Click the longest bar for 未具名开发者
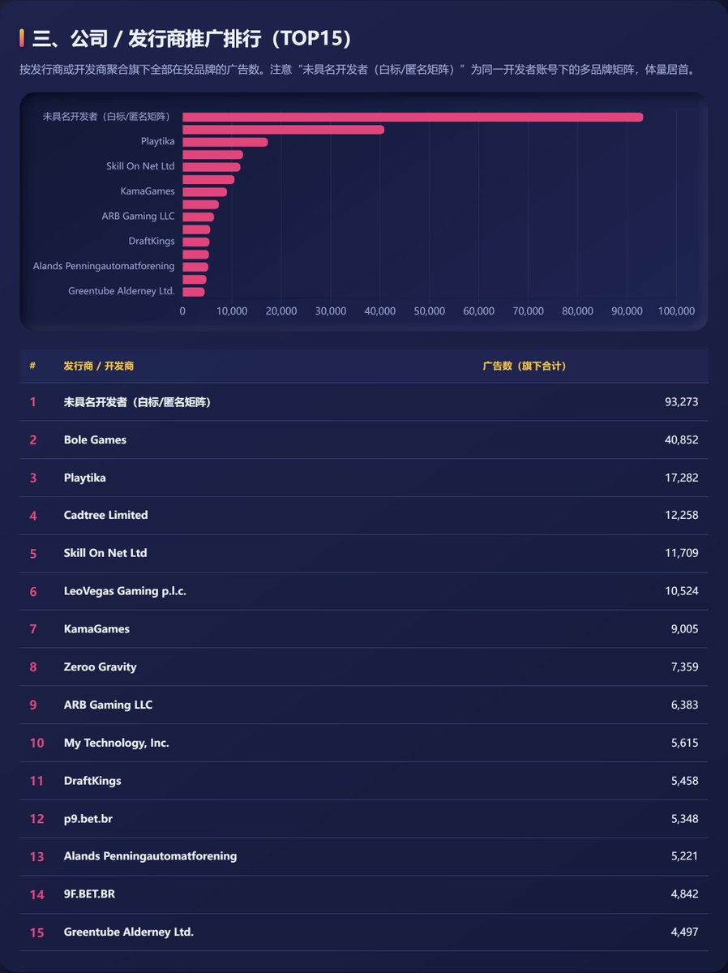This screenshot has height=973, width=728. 413,117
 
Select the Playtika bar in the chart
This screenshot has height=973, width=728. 225,142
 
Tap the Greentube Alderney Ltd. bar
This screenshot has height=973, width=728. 194,292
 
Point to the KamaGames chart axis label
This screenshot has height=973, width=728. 148,191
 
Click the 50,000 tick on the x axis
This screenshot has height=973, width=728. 430,311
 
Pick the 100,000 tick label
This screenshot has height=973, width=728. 676,311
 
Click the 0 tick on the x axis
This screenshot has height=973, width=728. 182,311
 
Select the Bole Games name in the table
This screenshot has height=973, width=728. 95,439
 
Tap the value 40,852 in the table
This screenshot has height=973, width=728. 681,439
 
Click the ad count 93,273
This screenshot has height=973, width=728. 681,401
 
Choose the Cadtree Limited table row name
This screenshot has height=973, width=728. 106,515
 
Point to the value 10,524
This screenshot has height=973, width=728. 682,591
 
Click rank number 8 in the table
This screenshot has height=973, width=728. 33,667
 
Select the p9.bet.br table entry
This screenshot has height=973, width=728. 88,819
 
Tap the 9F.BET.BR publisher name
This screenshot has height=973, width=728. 89,894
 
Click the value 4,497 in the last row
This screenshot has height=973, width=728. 684,932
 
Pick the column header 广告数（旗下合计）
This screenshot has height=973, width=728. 525,366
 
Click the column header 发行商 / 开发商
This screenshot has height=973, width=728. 98,366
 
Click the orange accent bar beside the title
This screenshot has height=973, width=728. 22,38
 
